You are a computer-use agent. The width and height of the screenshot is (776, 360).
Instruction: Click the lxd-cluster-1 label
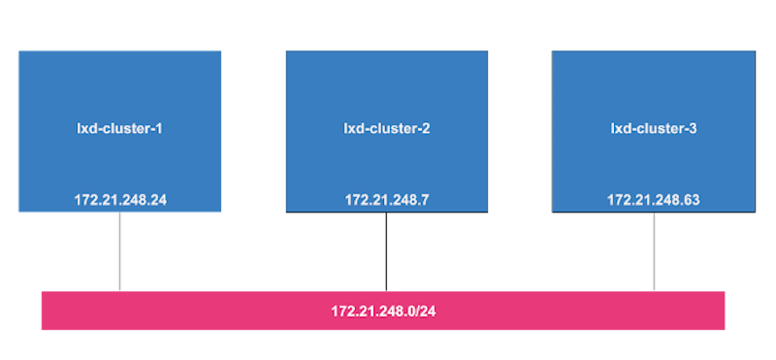(119, 128)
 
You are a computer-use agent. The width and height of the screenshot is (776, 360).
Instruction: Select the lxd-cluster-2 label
(387, 128)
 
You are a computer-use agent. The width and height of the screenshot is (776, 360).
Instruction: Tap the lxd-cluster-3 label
(654, 128)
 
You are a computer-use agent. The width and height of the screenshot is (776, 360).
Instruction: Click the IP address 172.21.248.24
(120, 200)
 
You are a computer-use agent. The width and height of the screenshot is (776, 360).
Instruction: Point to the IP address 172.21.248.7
(387, 200)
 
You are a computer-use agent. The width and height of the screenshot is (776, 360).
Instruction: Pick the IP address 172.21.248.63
(654, 200)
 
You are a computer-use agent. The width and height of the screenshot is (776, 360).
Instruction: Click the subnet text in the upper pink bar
(386, 232)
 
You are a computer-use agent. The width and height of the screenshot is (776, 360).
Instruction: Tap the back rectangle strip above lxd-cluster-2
(388, 39)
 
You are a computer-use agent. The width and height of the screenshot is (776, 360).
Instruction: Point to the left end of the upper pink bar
(126, 232)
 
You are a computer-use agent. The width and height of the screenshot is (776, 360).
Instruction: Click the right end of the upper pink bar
(647, 232)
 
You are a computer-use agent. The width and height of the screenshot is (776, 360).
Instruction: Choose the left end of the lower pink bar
(45, 311)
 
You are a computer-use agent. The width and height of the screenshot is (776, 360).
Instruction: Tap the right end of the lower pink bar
(722, 311)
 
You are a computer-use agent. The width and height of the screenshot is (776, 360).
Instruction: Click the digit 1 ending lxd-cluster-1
(158, 128)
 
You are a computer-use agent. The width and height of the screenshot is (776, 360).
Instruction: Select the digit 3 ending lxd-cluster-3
(693, 128)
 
